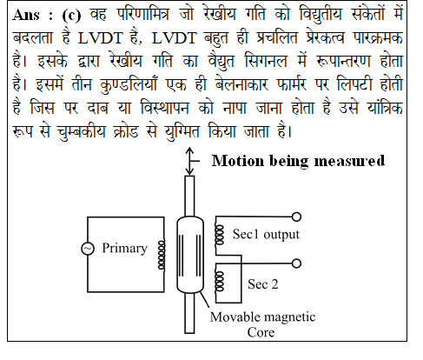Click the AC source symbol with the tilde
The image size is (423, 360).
tap(88, 249)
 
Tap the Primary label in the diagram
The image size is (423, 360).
tap(124, 249)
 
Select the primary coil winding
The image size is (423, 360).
tap(162, 255)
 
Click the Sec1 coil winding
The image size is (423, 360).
tap(219, 236)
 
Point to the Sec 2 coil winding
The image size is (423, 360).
tap(219, 281)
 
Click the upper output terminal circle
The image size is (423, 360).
tap(296, 217)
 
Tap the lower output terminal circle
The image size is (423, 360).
tap(296, 263)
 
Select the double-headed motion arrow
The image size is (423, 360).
tap(189, 161)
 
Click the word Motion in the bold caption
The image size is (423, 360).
tap(238, 161)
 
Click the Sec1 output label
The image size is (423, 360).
tap(266, 234)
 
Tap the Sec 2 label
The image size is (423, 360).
tap(263, 284)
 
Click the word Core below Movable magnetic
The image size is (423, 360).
tap(261, 332)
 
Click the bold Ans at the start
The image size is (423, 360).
tap(26, 15)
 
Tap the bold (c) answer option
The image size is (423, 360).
tap(71, 15)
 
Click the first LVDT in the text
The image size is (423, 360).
tap(100, 38)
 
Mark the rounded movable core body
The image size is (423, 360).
tap(190, 255)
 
